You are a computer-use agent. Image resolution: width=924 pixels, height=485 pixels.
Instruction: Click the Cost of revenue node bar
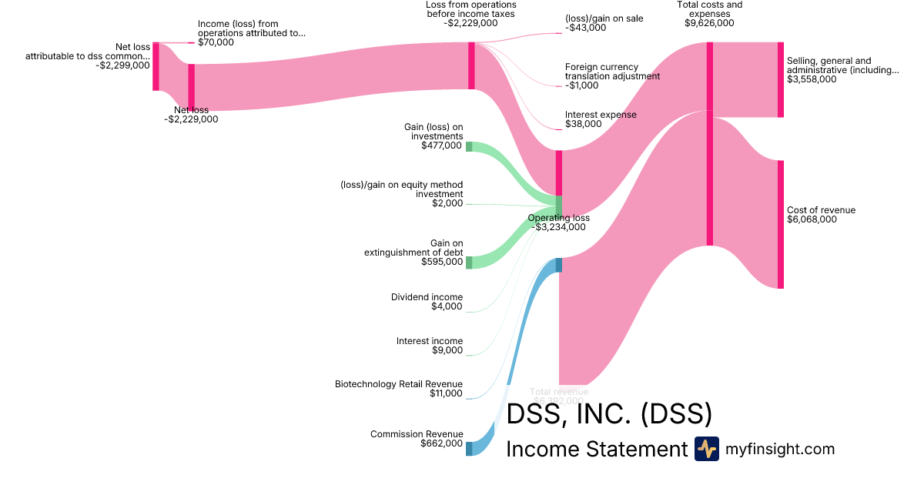[780, 224]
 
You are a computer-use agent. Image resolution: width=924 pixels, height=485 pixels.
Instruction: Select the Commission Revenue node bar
[469, 448]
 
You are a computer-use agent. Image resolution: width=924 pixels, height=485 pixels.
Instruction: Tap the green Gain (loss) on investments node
[469, 146]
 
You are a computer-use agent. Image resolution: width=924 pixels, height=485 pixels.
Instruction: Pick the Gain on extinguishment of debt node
[469, 263]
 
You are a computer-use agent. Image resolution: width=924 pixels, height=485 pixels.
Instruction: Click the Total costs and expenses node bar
[709, 144]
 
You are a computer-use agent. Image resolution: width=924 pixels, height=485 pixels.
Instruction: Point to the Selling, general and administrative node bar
[780, 80]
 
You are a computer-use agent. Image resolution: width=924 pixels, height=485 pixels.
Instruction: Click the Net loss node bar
[191, 87]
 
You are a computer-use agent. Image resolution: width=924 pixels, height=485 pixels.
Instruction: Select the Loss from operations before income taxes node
[471, 65]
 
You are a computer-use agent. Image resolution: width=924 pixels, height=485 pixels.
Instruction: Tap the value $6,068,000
[812, 220]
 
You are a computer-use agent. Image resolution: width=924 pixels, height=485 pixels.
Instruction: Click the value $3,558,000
[812, 79]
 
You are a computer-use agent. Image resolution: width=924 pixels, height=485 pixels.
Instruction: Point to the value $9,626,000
[709, 23]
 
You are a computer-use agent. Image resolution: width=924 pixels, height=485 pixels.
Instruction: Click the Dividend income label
[427, 297]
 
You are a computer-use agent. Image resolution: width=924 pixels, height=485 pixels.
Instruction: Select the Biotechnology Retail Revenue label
[399, 384]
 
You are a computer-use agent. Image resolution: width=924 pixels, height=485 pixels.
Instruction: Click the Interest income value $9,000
[447, 350]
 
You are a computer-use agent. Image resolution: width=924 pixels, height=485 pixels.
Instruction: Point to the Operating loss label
[558, 218]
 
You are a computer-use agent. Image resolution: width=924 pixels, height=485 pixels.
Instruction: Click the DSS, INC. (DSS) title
[608, 414]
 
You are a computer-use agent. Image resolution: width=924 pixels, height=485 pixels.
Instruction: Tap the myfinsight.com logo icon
[706, 449]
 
